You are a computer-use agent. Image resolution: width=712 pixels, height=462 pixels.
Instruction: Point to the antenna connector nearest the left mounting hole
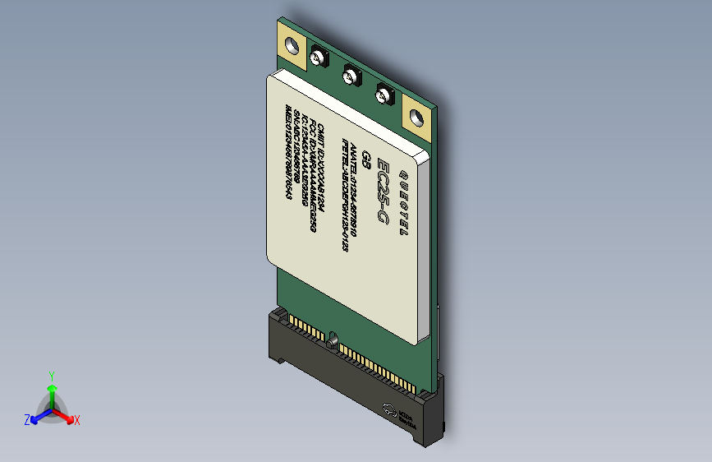pos(319,58)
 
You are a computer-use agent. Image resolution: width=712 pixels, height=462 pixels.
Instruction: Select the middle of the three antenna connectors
pos(351,77)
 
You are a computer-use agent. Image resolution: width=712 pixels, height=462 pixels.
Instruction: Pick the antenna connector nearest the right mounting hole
pos(384,94)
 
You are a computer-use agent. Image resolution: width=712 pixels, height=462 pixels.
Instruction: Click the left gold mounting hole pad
pos(290,48)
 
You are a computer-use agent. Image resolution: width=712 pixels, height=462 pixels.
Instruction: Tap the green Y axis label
pos(52,374)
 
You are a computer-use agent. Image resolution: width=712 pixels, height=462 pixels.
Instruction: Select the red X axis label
pos(76,420)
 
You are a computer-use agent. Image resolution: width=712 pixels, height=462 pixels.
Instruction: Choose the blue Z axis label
pos(27,419)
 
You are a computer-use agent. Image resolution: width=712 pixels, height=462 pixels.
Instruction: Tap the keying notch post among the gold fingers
pos(333,338)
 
